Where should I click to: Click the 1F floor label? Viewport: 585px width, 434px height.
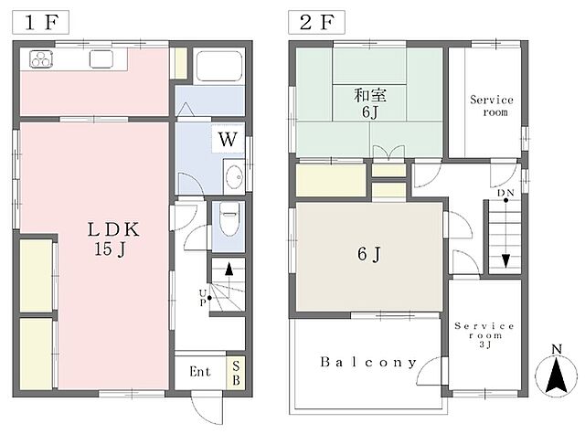tap(40, 22)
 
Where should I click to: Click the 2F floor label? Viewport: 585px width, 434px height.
tap(316, 22)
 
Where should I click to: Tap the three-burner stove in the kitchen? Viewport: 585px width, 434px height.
tap(41, 58)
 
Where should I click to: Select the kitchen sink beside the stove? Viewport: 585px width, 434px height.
tap(101, 58)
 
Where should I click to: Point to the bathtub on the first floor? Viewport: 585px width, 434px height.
tap(219, 66)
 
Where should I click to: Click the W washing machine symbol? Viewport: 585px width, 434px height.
tap(228, 140)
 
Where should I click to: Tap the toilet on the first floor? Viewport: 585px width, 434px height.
tap(229, 219)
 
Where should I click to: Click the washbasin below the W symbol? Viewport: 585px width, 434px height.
tap(234, 177)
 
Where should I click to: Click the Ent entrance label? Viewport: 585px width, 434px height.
tap(199, 372)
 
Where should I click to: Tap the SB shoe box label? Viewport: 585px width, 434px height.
tap(236, 373)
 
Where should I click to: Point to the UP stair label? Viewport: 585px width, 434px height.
tap(203, 298)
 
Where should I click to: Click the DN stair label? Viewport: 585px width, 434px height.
tap(505, 193)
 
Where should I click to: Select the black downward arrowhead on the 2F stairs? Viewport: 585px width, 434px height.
tap(505, 260)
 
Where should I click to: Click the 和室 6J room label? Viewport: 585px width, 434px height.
tap(369, 103)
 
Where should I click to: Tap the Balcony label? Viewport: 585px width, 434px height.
tap(367, 362)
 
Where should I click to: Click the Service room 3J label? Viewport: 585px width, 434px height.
tap(484, 335)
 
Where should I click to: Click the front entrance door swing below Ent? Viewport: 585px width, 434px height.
tap(207, 408)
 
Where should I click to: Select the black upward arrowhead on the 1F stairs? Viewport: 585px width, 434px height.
tap(229, 269)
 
